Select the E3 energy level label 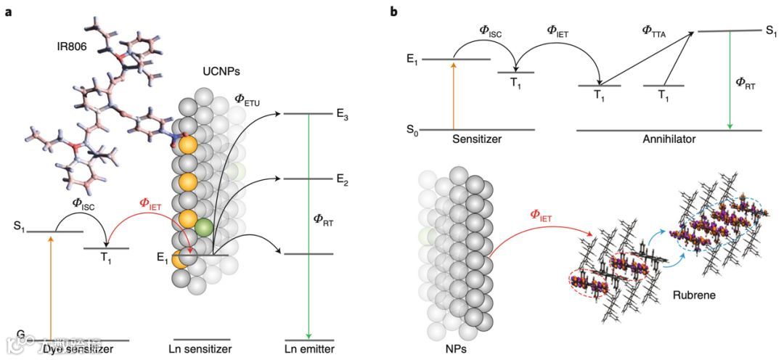point(343,115)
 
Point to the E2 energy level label point(343,181)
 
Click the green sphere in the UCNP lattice point(204,226)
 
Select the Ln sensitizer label point(203,351)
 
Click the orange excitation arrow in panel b point(454,94)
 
